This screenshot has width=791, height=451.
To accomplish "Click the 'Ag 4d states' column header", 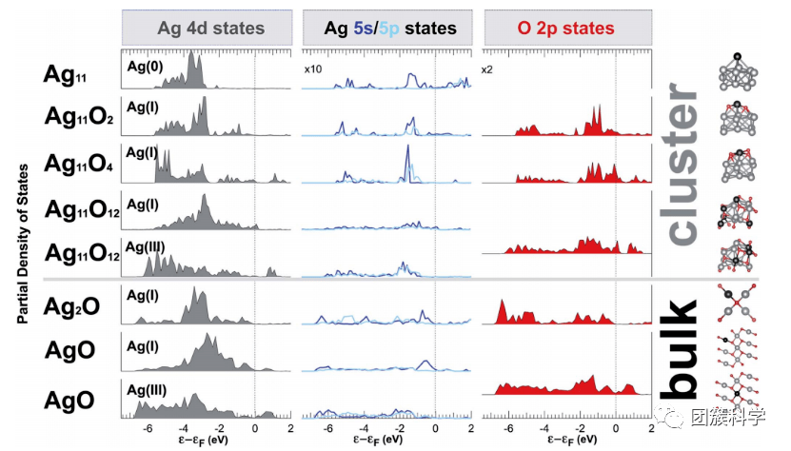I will pyautogui.click(x=210, y=29).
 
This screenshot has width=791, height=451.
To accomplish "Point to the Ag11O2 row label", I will pyautogui.click(x=79, y=117).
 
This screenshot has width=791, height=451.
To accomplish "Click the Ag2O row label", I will pyautogui.click(x=78, y=306).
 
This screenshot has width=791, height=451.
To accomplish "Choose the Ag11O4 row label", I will pyautogui.click(x=79, y=161).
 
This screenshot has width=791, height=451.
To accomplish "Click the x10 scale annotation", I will pyautogui.click(x=313, y=69).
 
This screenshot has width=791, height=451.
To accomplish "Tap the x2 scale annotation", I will pyautogui.click(x=486, y=69).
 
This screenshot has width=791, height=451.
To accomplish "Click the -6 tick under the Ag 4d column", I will pyautogui.click(x=147, y=429).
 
